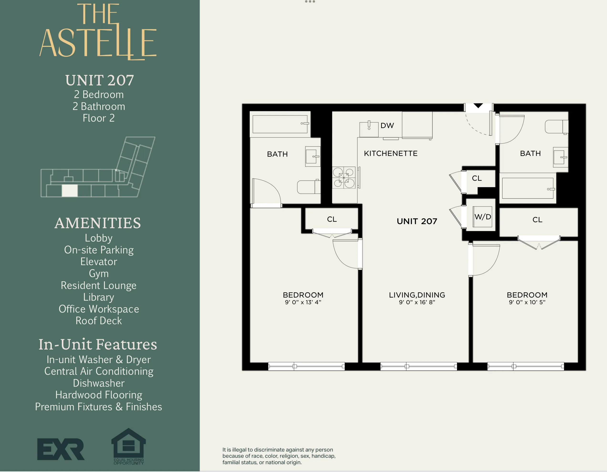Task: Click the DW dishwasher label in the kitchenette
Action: point(387,126)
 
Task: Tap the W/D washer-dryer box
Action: point(482,217)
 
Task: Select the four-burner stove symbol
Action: point(344,178)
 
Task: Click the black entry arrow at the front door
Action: point(478,106)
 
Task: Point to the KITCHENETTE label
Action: point(390,153)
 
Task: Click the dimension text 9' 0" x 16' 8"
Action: point(417,302)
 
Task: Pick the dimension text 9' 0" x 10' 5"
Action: point(527,302)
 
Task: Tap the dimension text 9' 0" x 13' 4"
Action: point(303,302)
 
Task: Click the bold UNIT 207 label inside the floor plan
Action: point(417,221)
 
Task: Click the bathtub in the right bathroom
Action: point(528,188)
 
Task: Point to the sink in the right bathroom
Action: point(560,157)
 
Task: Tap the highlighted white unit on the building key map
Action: point(69,191)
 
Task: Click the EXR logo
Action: point(61,449)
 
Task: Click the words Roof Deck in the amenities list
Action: point(99,321)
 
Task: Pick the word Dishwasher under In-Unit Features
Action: point(99,383)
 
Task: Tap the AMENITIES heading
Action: point(98,223)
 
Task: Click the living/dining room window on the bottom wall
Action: point(418,366)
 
